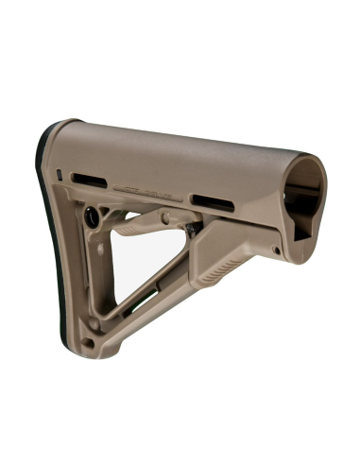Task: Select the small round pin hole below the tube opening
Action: pyautogui.click(x=275, y=250)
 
